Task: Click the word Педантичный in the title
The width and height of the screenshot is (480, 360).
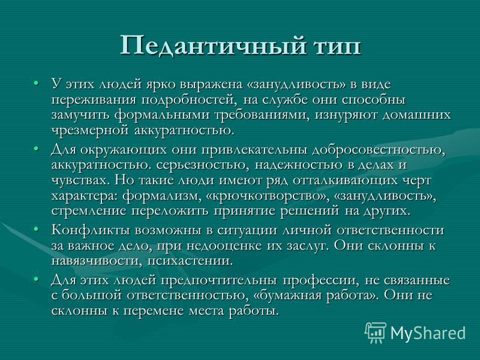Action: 212,46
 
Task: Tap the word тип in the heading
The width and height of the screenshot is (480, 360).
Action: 337,47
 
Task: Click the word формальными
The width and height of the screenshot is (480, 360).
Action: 161,115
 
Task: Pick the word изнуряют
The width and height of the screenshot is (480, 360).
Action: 346,116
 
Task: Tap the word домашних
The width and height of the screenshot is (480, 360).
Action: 416,116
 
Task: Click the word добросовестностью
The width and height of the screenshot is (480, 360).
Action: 378,151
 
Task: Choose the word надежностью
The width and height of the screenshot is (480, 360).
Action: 298,166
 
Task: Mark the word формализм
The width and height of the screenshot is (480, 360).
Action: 161,197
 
